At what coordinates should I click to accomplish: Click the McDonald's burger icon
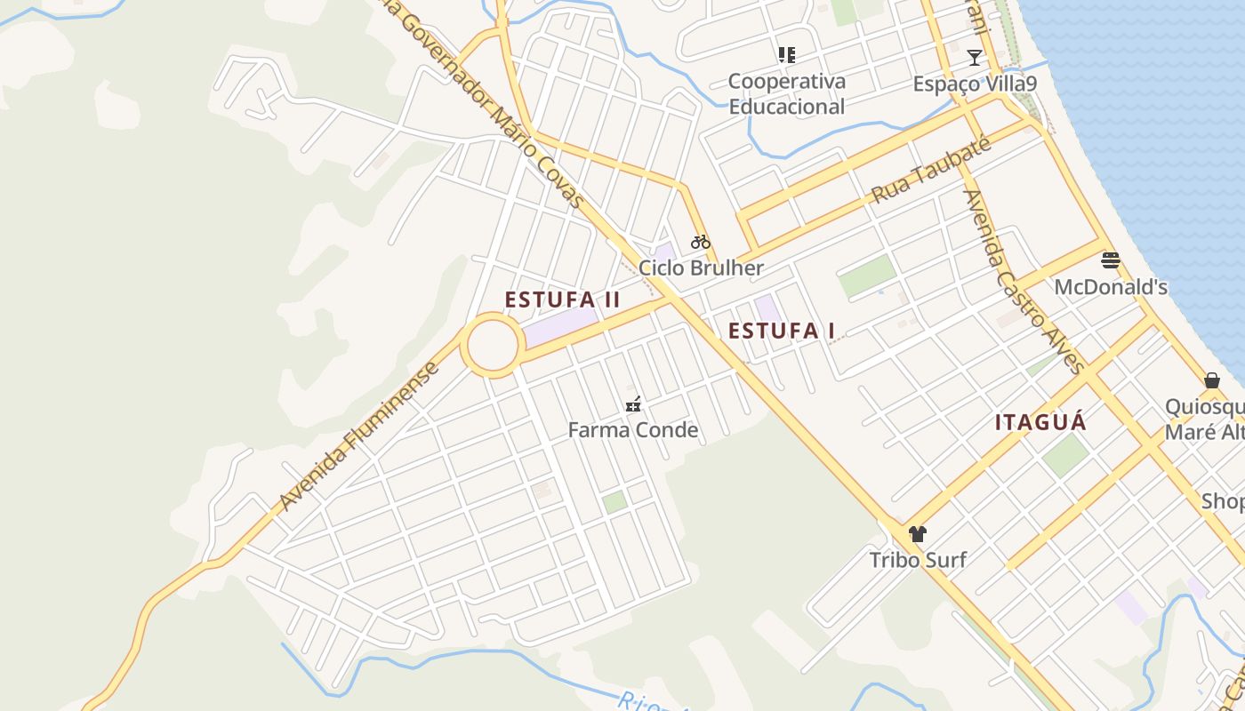click(x=1110, y=260)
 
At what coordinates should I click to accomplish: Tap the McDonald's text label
click(x=1111, y=287)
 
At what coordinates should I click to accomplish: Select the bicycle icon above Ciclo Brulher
click(x=701, y=241)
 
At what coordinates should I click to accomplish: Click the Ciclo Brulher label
click(x=701, y=268)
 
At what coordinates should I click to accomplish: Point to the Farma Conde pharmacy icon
click(x=633, y=405)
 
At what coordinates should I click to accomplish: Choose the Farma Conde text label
click(x=633, y=431)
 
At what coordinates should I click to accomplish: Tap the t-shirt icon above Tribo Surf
click(x=918, y=534)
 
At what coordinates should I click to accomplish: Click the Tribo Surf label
click(x=918, y=560)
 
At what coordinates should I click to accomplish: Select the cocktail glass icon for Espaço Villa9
click(x=975, y=58)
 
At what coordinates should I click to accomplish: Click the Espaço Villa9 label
click(x=975, y=84)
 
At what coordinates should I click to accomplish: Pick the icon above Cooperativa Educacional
click(x=786, y=55)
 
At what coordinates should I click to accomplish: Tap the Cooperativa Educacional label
click(x=786, y=94)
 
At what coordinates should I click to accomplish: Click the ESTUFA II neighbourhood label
click(x=562, y=300)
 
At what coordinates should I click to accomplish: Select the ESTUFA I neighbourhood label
click(x=782, y=332)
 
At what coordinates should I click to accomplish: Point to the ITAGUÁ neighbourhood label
click(x=1040, y=422)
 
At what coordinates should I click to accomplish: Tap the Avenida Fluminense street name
click(x=359, y=436)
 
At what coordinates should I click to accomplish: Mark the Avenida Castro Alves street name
click(x=1024, y=281)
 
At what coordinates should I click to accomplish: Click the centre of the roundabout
click(x=492, y=346)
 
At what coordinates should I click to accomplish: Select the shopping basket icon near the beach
click(x=1211, y=380)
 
